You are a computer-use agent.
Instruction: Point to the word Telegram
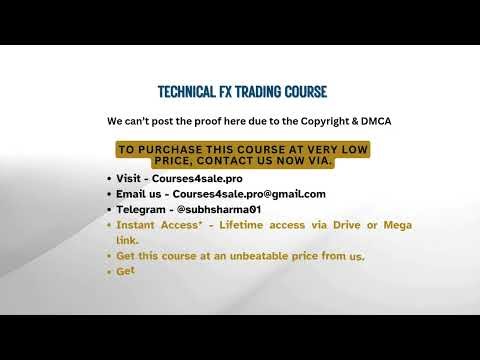[140, 210]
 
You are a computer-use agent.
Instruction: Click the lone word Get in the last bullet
[125, 271]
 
